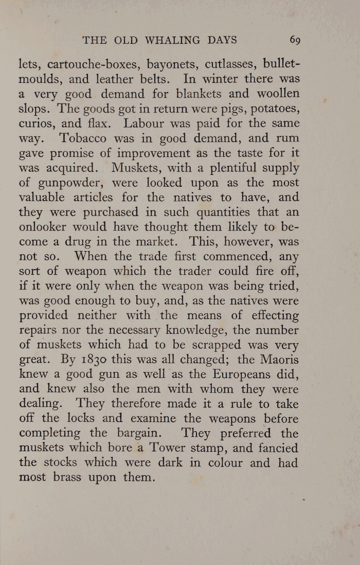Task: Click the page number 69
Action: pyautogui.click(x=295, y=40)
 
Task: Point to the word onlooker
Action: pyautogui.click(x=44, y=227)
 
